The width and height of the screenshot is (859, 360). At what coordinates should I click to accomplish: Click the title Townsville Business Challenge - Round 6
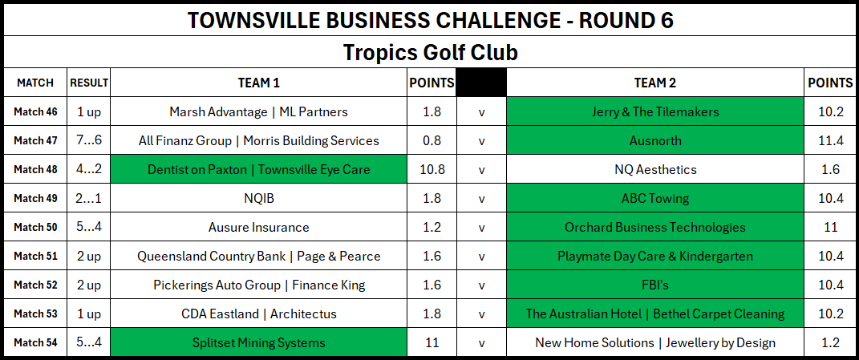(x=430, y=20)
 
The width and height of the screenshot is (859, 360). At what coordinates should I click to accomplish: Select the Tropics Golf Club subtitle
(x=430, y=53)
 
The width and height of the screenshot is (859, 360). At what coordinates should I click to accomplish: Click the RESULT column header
(x=89, y=83)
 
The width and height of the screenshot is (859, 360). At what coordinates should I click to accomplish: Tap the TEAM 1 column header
(x=258, y=83)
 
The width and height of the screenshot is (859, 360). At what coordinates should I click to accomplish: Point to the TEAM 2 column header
(x=655, y=83)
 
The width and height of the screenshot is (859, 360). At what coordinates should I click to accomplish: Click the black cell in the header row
(x=481, y=83)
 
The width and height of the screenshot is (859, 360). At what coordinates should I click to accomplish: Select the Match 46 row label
(x=35, y=111)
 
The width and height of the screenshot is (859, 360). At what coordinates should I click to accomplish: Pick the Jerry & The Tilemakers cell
(x=655, y=111)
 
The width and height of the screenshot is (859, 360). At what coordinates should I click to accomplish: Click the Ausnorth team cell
(x=655, y=141)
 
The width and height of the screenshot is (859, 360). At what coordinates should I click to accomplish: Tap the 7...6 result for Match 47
(x=89, y=141)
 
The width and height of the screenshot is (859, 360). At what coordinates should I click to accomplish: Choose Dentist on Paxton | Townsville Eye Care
(x=258, y=170)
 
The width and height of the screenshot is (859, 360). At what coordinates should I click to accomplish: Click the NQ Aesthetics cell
(x=655, y=170)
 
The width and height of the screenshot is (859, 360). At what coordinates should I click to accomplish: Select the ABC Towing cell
(x=655, y=198)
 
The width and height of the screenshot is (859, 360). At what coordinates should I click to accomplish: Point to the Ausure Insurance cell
(x=258, y=228)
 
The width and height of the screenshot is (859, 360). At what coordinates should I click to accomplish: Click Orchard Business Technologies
(x=655, y=228)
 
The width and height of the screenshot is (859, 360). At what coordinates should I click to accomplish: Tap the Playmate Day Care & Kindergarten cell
(x=655, y=256)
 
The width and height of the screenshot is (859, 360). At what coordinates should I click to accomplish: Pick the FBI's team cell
(x=655, y=285)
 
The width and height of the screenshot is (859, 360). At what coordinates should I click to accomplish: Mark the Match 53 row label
(x=35, y=314)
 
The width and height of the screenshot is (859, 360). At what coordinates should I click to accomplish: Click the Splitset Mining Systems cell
(x=258, y=343)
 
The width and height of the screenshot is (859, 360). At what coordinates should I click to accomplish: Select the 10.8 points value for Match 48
(x=432, y=170)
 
